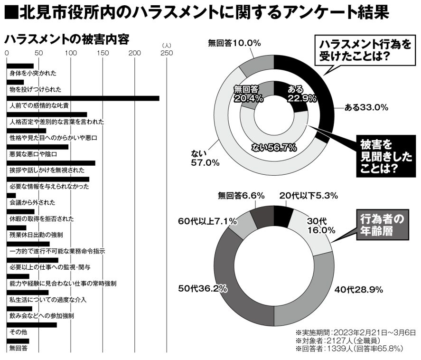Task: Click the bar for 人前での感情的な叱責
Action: (83, 98)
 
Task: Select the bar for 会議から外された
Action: (11, 195)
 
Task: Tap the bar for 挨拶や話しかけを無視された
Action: (51, 163)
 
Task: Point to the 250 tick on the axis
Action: (167, 53)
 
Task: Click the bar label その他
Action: (18, 332)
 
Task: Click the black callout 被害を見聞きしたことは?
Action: (379, 156)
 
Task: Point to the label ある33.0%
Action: (366, 107)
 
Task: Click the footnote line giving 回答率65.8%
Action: (349, 349)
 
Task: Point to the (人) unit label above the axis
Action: (166, 46)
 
